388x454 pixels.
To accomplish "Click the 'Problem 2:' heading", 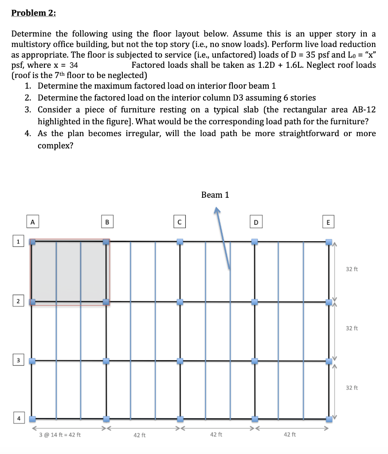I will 34,13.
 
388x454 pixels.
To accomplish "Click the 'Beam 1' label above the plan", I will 215,195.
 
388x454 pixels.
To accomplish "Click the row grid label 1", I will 18,242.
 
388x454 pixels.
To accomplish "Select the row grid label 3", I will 18,360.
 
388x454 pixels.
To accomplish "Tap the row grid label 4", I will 18,418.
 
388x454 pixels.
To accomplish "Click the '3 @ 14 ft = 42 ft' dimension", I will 60,435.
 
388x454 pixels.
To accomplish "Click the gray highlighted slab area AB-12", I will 69,271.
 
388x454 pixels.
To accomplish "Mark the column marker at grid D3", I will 255,361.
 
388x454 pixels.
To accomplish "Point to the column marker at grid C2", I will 180,302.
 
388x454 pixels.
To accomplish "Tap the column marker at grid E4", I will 328,419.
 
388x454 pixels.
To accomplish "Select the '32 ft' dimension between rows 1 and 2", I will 352,269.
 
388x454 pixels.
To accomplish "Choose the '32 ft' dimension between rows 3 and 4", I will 352,388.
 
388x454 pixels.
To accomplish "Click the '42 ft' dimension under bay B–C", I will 140,435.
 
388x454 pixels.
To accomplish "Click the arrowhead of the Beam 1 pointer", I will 217,212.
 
